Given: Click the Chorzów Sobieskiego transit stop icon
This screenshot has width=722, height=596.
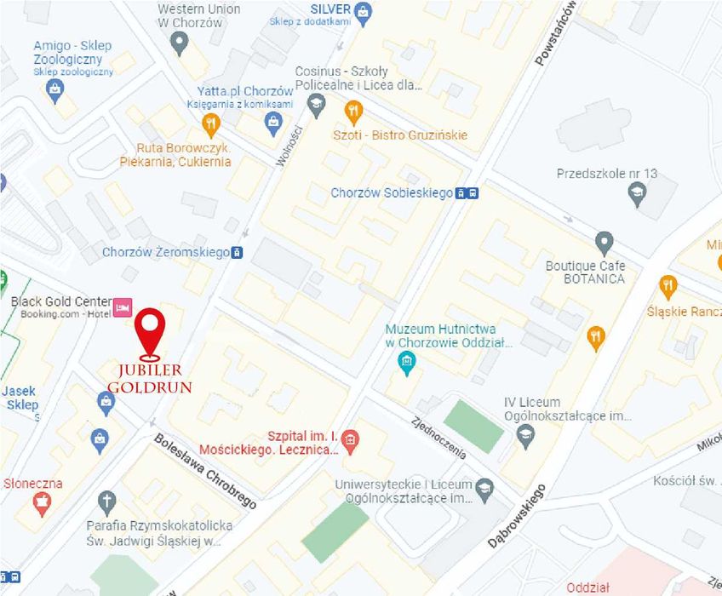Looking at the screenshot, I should (x=467, y=193).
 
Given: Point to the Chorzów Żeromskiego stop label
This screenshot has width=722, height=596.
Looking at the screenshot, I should (x=165, y=252).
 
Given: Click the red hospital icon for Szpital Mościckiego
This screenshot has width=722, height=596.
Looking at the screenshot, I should (x=349, y=440).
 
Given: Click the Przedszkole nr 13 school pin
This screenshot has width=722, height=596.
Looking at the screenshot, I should (x=637, y=196).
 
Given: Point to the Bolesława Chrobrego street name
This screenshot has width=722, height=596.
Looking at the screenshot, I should (x=205, y=470).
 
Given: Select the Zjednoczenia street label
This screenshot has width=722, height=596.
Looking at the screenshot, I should (x=438, y=435).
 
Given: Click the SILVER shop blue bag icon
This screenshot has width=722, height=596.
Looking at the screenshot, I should (x=364, y=11).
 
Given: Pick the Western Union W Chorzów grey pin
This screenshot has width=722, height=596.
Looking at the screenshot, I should (x=179, y=43).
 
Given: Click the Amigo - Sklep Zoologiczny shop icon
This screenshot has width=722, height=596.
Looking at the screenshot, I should (x=56, y=89).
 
